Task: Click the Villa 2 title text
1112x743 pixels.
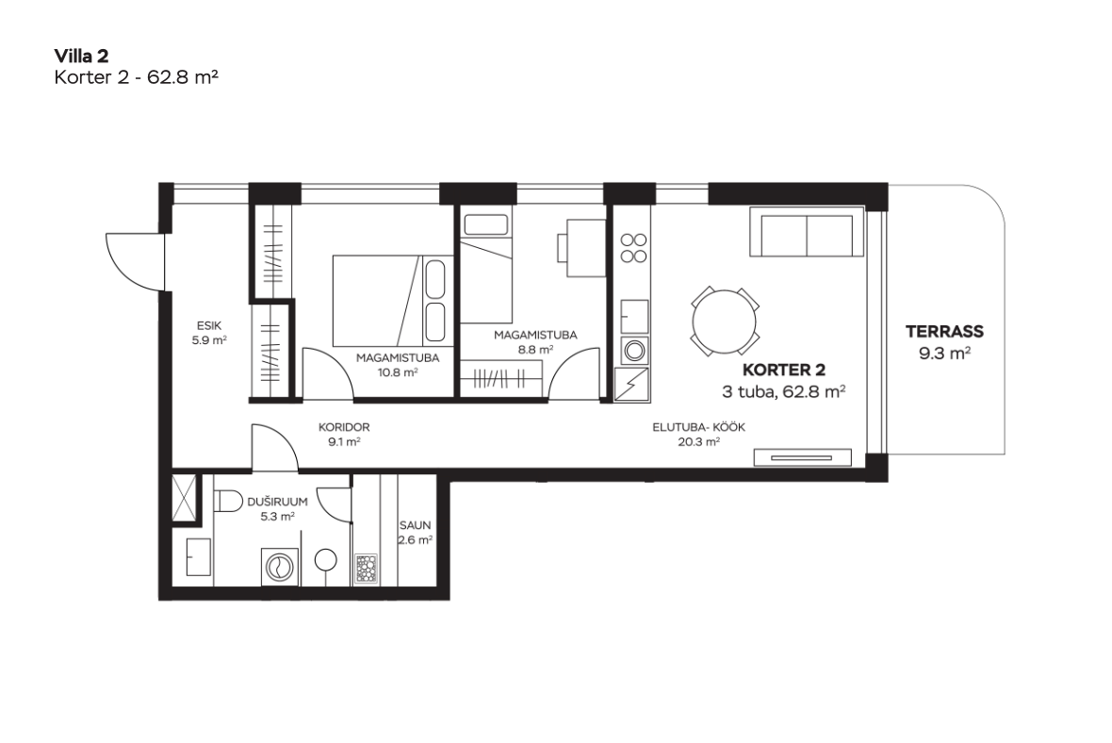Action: click(x=82, y=56)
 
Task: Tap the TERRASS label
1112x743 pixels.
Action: click(x=944, y=331)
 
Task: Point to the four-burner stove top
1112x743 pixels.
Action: click(x=633, y=248)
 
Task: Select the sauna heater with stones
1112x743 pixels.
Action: click(x=366, y=570)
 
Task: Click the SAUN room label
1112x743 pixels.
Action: click(x=415, y=526)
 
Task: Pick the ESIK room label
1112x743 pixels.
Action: click(x=209, y=325)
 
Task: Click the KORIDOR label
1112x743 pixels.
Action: click(x=344, y=428)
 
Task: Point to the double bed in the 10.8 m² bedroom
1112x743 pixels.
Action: click(x=389, y=302)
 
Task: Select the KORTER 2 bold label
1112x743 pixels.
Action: click(x=784, y=370)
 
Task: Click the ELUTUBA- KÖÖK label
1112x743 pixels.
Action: click(x=698, y=428)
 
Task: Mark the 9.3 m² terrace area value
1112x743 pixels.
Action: click(x=944, y=353)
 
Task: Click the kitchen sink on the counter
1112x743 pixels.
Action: click(x=635, y=317)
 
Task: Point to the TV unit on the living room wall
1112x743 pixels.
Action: click(x=802, y=457)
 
